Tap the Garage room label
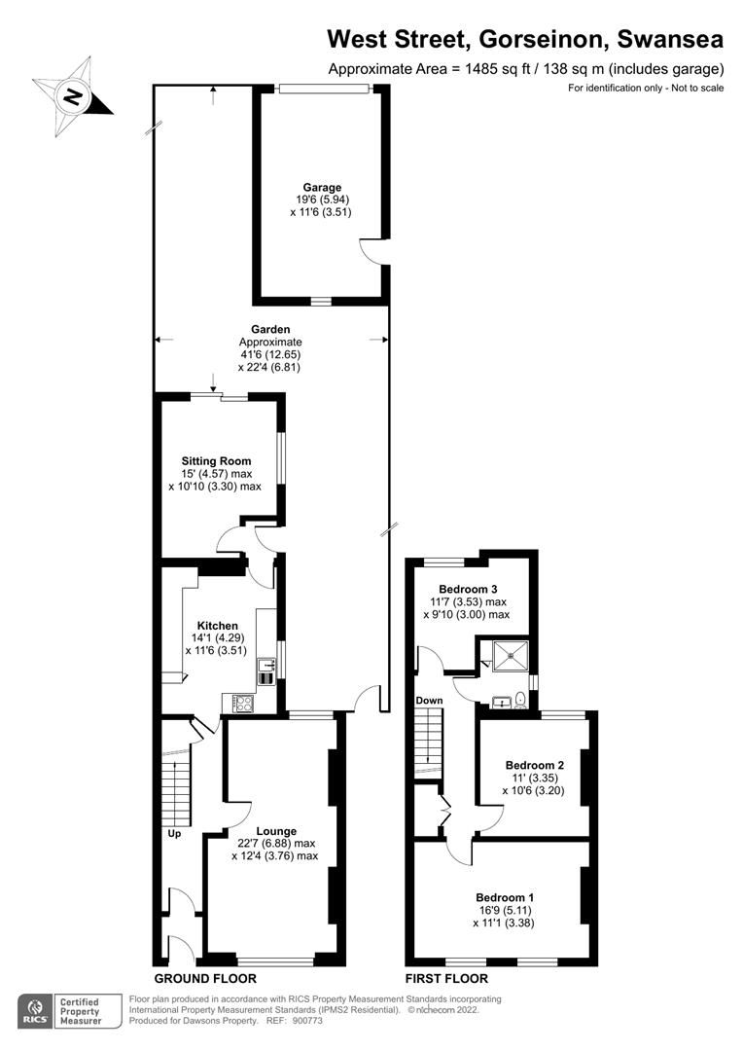pyautogui.click(x=320, y=187)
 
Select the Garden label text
pyautogui.click(x=270, y=329)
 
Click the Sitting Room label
pyautogui.click(x=216, y=460)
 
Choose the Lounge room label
pyautogui.click(x=276, y=830)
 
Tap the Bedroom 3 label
pyautogui.click(x=468, y=589)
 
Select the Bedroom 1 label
pyautogui.click(x=504, y=896)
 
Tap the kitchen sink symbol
pyautogui.click(x=266, y=669)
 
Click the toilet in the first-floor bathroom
pyautogui.click(x=522, y=698)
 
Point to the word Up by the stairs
pyautogui.click(x=174, y=834)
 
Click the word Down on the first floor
pyautogui.click(x=429, y=701)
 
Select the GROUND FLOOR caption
pyautogui.click(x=205, y=978)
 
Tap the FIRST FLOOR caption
pyautogui.click(x=446, y=978)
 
